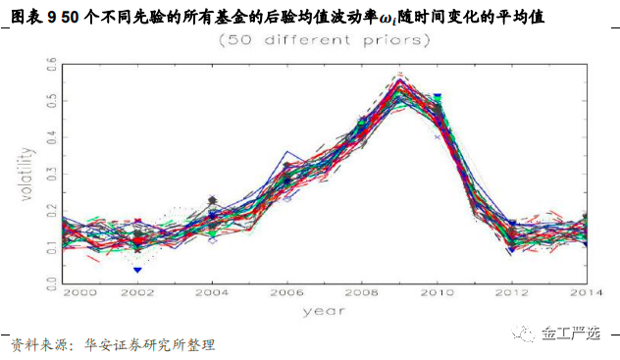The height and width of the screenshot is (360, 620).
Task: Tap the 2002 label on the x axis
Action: [137, 292]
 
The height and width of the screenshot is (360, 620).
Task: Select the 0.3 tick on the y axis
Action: [52, 174]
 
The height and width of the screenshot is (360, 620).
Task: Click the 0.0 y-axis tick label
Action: [52, 283]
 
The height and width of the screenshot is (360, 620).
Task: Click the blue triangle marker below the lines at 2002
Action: [137, 269]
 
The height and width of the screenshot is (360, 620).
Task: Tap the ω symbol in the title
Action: [385, 18]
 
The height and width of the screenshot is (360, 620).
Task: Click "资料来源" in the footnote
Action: [36, 344]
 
